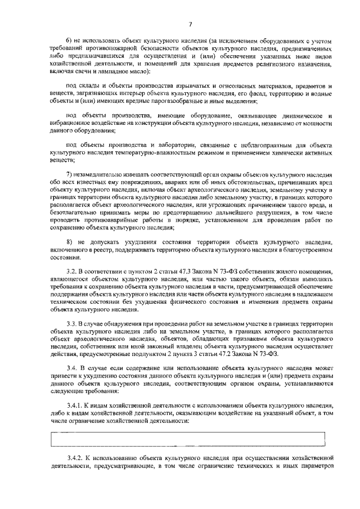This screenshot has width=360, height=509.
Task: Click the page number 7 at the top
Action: click(190, 24)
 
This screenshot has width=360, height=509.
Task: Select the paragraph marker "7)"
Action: click(70, 175)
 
